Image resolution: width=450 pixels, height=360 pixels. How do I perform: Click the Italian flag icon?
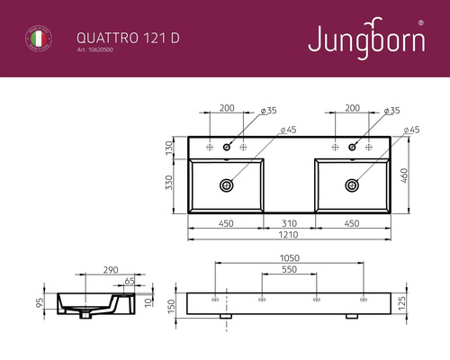pyautogui.click(x=37, y=39)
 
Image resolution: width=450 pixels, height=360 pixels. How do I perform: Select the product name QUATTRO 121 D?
pyautogui.click(x=114, y=36)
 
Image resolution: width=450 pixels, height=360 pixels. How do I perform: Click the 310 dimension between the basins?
pyautogui.click(x=288, y=223)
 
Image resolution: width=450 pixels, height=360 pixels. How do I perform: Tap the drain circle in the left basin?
pyautogui.click(x=226, y=184)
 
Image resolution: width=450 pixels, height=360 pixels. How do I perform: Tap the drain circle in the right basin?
pyautogui.click(x=351, y=184)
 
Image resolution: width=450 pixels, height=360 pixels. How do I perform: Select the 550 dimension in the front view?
pyautogui.click(x=288, y=269)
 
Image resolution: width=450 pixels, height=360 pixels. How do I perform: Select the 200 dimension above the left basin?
pyautogui.click(x=227, y=107)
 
